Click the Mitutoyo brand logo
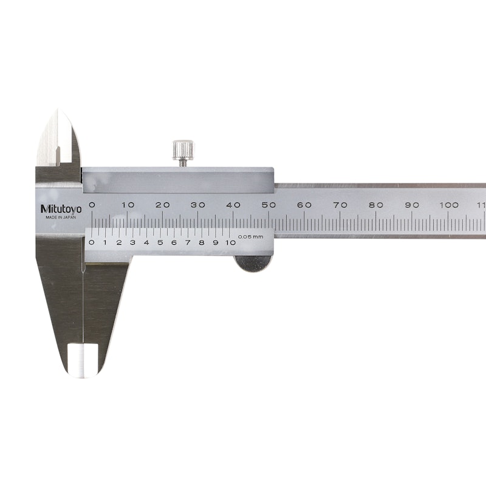pyautogui.click(x=61, y=209)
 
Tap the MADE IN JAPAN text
pyautogui.click(x=61, y=217)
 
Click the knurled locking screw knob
pyautogui.click(x=183, y=150)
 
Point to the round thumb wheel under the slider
pyautogui.click(x=253, y=264)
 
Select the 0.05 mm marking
pyautogui.click(x=250, y=237)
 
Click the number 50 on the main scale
pyautogui.click(x=269, y=205)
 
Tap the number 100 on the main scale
pyautogui.click(x=449, y=205)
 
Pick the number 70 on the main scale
pyautogui.click(x=340, y=205)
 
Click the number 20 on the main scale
pyautogui.click(x=162, y=205)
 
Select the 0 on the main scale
pyautogui.click(x=92, y=205)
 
